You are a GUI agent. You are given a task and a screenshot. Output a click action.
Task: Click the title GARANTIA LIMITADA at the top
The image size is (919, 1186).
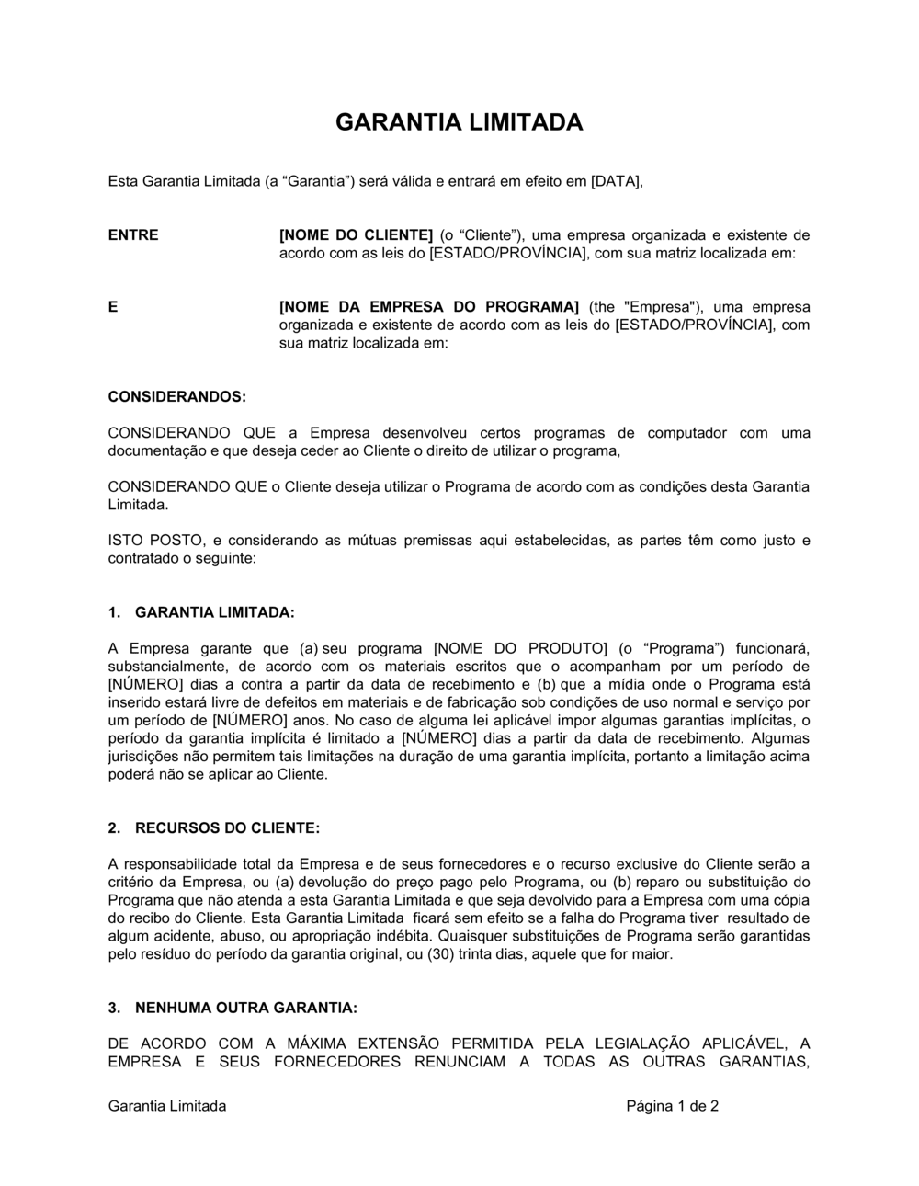(x=459, y=122)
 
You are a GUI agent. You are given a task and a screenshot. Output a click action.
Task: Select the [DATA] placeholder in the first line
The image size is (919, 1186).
(x=616, y=181)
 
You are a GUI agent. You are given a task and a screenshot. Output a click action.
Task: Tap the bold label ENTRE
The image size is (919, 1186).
(x=133, y=234)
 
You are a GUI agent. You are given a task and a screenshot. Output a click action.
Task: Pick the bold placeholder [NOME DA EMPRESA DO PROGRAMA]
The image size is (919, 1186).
(x=429, y=307)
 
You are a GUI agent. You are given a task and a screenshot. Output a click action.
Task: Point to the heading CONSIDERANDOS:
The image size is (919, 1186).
(x=177, y=397)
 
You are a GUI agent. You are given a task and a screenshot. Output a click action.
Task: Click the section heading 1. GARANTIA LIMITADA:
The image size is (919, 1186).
(x=201, y=612)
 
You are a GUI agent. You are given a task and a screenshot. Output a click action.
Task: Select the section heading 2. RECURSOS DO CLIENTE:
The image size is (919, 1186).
(x=213, y=827)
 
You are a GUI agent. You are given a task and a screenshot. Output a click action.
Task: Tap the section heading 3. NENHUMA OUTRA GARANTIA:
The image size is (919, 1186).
(x=232, y=1008)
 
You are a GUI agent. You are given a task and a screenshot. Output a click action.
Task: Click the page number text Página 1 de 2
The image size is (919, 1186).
(x=673, y=1106)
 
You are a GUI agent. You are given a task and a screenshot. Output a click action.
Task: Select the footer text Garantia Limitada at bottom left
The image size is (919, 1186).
(x=167, y=1106)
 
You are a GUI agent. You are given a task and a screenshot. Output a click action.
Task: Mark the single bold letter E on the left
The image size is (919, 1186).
(x=113, y=307)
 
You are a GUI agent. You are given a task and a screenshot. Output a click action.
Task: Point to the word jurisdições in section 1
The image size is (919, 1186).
(x=145, y=756)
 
